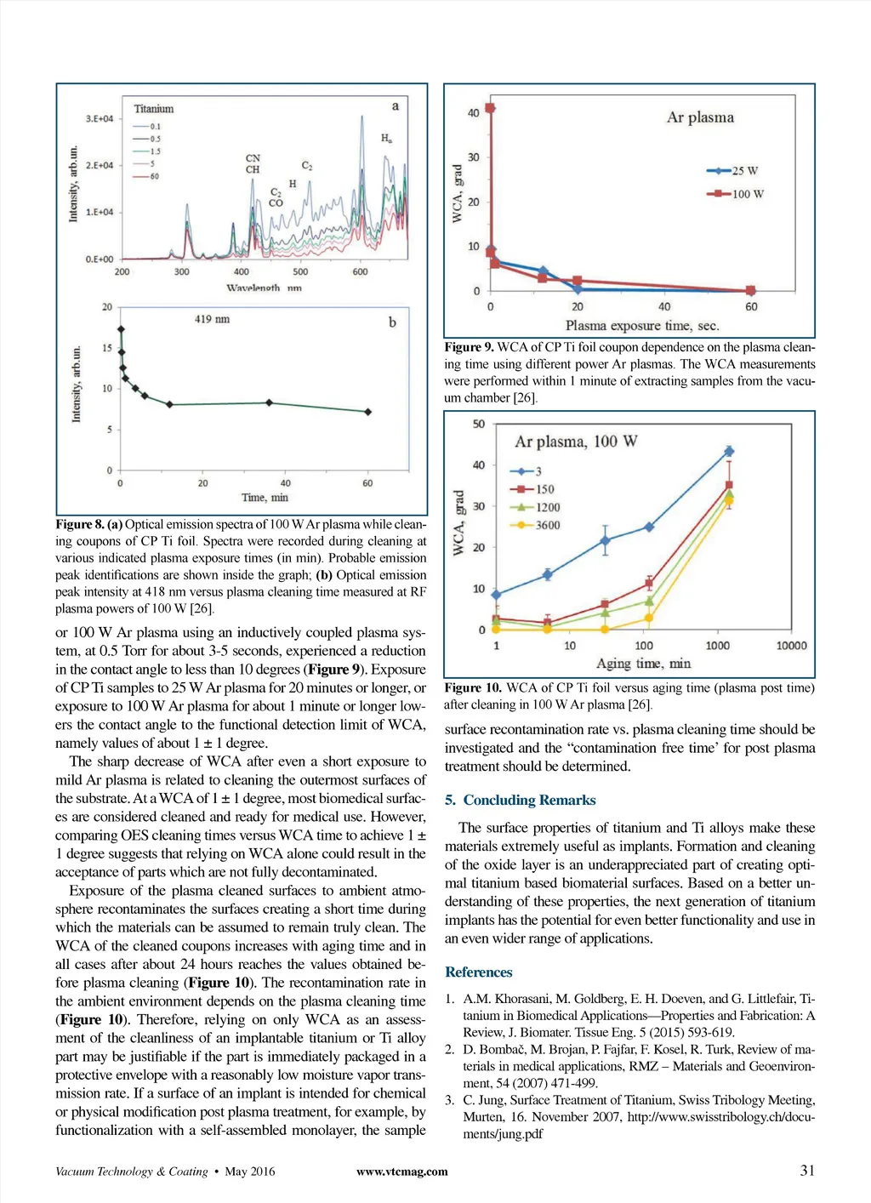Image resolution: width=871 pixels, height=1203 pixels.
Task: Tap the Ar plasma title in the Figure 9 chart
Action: point(700,117)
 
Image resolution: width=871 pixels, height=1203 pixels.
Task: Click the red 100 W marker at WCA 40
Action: point(490,108)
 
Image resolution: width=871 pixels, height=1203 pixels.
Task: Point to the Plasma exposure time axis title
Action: point(642,326)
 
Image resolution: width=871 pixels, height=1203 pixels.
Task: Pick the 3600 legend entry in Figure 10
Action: point(535,525)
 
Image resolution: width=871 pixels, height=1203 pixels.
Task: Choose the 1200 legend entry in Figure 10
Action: point(535,507)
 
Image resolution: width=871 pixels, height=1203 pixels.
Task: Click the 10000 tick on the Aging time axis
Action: point(791,646)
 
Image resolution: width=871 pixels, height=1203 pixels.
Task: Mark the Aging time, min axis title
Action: point(643,664)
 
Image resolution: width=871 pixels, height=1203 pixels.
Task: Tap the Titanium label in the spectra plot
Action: point(154,109)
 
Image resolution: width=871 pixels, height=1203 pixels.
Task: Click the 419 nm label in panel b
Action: point(212,319)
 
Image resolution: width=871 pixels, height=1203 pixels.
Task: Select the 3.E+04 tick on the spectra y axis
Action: point(99,118)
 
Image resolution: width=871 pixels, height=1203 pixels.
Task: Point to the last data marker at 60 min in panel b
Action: point(367,412)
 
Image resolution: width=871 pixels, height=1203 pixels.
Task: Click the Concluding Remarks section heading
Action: point(520,800)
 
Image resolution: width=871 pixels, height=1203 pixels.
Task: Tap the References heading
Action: point(478,972)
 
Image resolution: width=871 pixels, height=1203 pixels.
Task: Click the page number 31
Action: point(807,1171)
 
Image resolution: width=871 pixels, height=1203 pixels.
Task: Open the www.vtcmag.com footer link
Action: point(401,1172)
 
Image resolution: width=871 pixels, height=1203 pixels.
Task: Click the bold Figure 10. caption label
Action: point(473,687)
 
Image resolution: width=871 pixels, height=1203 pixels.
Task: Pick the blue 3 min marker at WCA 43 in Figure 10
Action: point(729,451)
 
